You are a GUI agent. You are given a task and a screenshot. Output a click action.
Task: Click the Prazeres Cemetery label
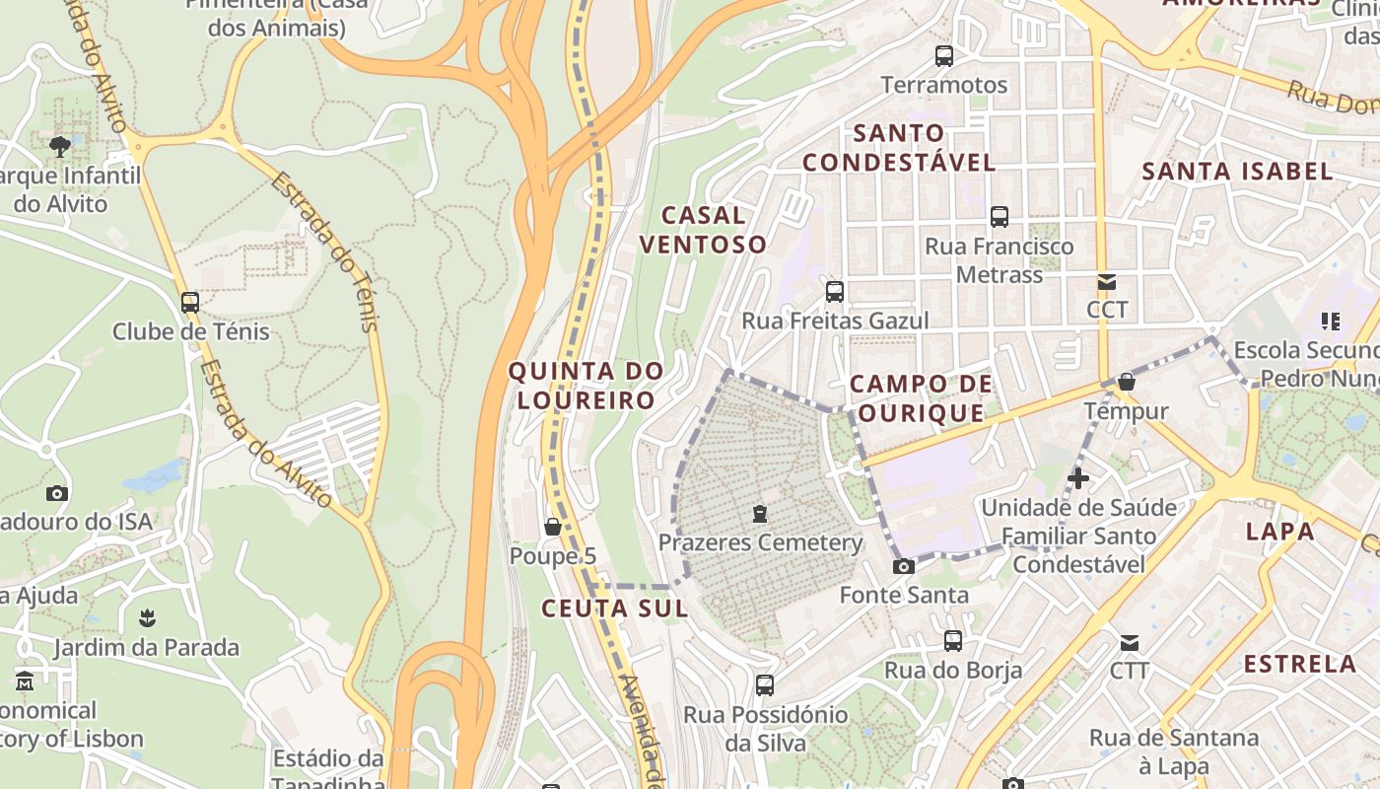click(760, 542)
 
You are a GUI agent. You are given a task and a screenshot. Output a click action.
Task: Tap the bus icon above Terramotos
click(944, 56)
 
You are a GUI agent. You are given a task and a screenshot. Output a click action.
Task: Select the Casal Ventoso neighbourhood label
click(704, 230)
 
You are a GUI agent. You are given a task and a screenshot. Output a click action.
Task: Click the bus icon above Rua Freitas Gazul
click(835, 292)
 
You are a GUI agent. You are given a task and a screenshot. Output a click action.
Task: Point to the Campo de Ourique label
click(919, 398)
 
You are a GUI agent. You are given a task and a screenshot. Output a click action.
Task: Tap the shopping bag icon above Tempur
click(1127, 382)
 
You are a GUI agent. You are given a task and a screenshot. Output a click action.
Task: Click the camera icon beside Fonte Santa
click(903, 566)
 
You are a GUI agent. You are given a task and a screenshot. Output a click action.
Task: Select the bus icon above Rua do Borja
click(953, 641)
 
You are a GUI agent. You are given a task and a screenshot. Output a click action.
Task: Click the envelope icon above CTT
click(1129, 644)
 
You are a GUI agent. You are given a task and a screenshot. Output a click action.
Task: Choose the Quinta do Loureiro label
click(586, 386)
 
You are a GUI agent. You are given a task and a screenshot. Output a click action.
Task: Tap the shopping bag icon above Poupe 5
click(553, 528)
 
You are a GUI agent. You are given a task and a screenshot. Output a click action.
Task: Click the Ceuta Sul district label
click(614, 609)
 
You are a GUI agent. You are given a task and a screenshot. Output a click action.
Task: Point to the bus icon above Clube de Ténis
click(190, 303)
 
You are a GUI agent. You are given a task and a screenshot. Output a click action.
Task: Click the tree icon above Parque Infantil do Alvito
click(60, 148)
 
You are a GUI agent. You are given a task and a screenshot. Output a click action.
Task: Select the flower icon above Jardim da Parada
click(147, 618)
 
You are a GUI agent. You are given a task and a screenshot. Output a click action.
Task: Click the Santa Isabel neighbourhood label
click(1237, 172)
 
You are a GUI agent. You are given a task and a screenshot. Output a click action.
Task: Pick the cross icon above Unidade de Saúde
click(1078, 479)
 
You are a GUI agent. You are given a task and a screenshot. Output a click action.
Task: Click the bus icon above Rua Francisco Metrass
click(1000, 217)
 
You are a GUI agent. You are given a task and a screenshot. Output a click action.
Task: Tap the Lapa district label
click(1279, 532)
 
